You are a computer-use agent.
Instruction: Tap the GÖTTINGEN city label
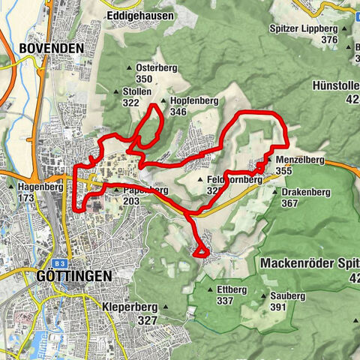(73, 276)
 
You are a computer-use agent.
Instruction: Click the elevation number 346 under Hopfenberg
(178, 112)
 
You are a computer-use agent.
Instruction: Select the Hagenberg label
(35, 186)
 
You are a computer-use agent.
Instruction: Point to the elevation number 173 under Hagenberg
(27, 197)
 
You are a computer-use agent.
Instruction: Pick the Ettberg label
(231, 289)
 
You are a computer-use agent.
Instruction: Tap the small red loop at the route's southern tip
(201, 251)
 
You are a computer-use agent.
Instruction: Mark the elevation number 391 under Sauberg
(278, 307)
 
